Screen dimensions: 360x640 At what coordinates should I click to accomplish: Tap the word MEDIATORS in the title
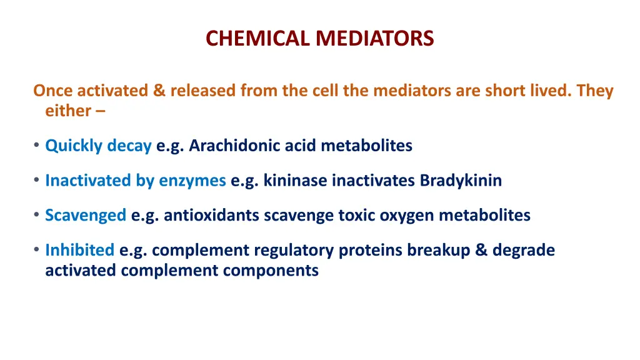tap(374, 39)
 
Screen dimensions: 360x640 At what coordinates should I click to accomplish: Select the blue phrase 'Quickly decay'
tap(98, 146)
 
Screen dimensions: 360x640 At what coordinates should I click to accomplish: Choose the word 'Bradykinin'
tap(461, 181)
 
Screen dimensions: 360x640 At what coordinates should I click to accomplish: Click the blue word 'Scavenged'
tap(86, 216)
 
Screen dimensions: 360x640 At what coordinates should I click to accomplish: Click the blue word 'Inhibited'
tap(79, 251)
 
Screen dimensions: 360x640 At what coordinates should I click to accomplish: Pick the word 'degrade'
tap(523, 251)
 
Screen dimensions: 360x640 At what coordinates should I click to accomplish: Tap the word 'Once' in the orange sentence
tap(53, 91)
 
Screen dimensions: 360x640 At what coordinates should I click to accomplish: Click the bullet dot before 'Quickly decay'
tap(37, 146)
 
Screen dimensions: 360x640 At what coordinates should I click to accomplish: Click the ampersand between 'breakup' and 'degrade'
tap(481, 251)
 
